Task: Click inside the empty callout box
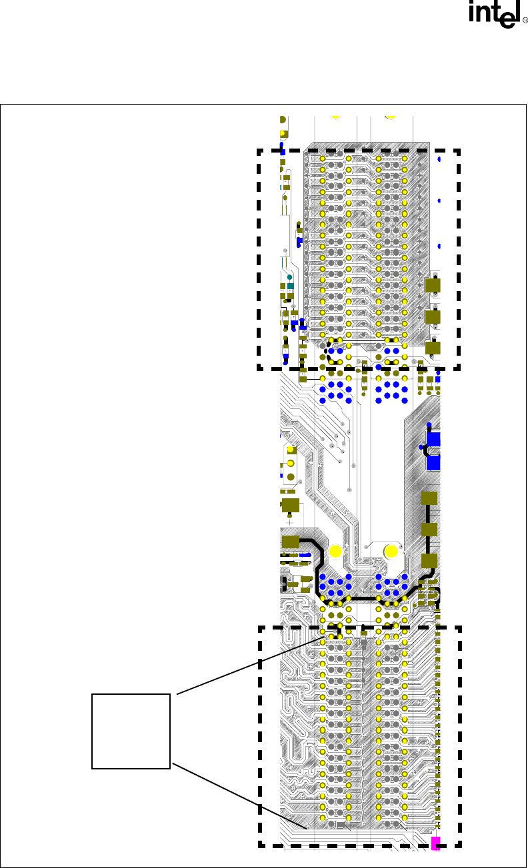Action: (131, 731)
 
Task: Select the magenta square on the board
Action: (436, 842)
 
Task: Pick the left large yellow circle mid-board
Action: (335, 552)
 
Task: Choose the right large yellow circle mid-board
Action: (391, 552)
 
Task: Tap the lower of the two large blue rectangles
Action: (433, 462)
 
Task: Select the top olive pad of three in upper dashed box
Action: (433, 286)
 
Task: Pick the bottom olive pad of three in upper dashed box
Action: (433, 347)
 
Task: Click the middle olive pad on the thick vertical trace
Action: (429, 530)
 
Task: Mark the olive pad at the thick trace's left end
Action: (291, 541)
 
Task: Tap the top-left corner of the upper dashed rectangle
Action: (259, 151)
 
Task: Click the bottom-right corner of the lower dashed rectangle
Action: (459, 845)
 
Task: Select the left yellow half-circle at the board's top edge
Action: (335, 117)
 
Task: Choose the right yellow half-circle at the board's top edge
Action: (391, 117)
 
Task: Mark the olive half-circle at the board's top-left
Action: (283, 120)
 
